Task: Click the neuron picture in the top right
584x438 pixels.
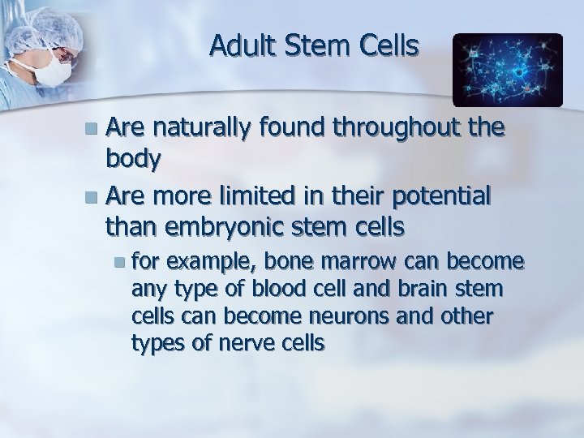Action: point(507,71)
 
